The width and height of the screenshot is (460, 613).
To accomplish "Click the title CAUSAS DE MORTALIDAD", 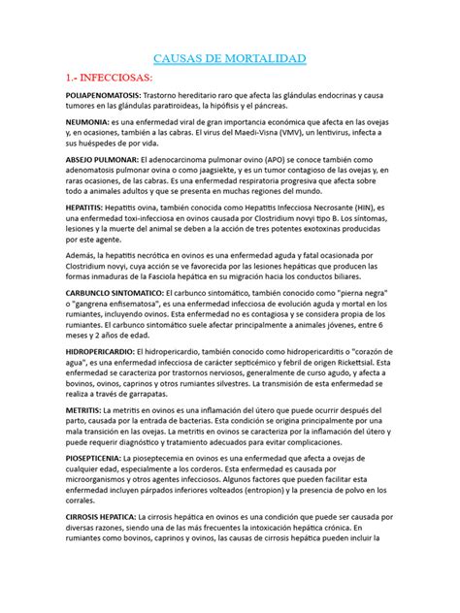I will click(230, 60).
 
